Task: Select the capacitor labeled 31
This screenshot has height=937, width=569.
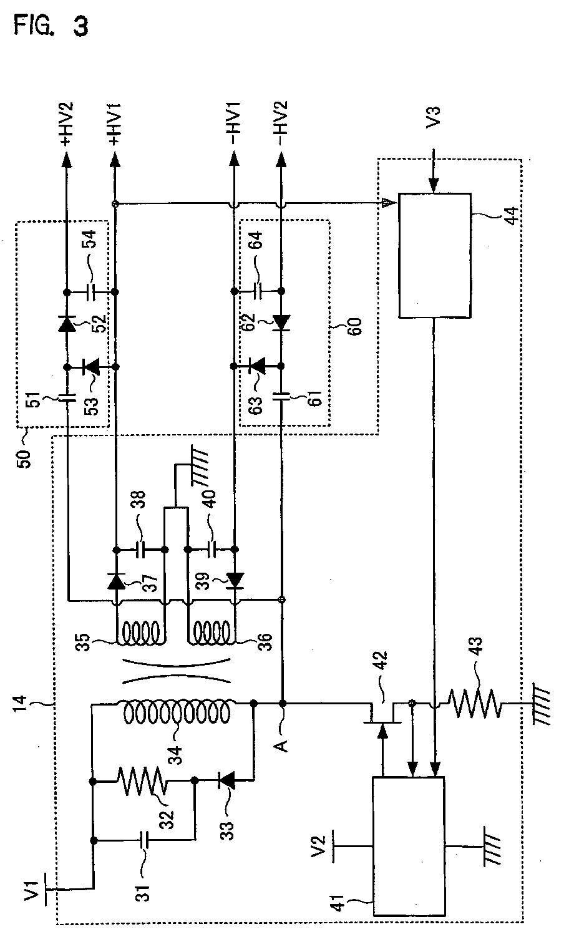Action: click(144, 841)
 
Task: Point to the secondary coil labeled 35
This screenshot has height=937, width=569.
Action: click(141, 635)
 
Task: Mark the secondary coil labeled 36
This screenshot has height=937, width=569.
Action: click(213, 635)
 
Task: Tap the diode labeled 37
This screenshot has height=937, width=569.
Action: click(115, 582)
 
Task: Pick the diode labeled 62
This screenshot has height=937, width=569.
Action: click(281, 323)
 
